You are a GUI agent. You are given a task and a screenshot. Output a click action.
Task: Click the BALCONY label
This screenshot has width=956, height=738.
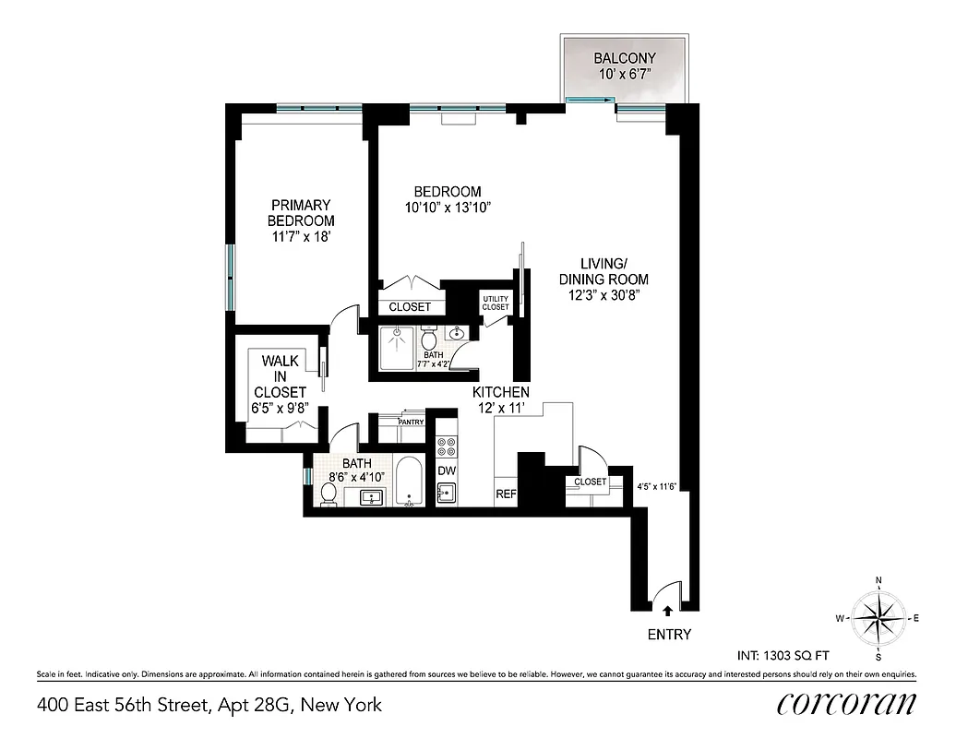pyautogui.click(x=625, y=57)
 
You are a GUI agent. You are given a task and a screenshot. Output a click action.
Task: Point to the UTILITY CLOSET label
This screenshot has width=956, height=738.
pyautogui.click(x=495, y=303)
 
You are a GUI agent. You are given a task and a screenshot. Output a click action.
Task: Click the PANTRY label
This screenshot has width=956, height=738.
pyautogui.click(x=411, y=423)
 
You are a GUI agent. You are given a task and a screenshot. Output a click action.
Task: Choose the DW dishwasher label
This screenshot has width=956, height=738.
pyautogui.click(x=447, y=470)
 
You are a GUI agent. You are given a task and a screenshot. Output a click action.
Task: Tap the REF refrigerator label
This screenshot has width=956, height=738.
pyautogui.click(x=506, y=494)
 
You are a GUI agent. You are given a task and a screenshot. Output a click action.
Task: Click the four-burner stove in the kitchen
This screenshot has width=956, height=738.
pyautogui.click(x=447, y=446)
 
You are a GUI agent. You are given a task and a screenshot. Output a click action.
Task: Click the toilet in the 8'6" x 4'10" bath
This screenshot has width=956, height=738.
pyautogui.click(x=328, y=494)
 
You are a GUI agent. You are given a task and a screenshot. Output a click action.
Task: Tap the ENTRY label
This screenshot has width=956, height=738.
pyautogui.click(x=670, y=634)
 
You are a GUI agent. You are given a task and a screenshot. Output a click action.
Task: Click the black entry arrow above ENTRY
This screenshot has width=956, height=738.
pyautogui.click(x=667, y=609)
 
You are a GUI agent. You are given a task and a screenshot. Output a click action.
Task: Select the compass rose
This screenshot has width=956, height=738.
pyautogui.click(x=878, y=618)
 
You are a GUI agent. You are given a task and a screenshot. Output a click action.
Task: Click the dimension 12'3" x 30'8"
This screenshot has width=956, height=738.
pyautogui.click(x=604, y=295)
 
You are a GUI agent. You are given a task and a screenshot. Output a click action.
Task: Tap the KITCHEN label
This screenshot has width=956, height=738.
pyautogui.click(x=503, y=392)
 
